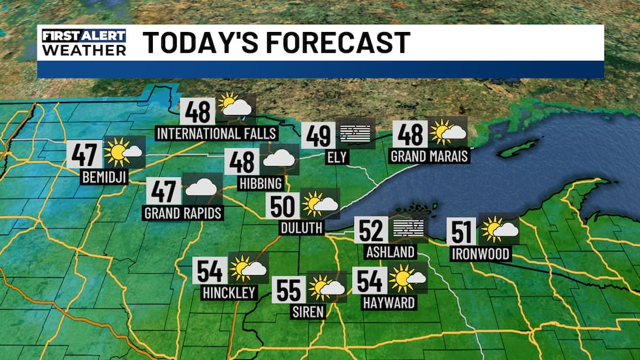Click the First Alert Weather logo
[x=84, y=42]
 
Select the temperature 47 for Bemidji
[x=85, y=154]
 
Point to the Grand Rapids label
[x=184, y=213]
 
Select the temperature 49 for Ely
[x=319, y=136]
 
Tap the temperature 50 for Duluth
[x=283, y=206]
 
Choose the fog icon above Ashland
[x=408, y=229]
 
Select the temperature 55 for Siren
[x=289, y=289]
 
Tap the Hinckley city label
[x=229, y=293]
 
